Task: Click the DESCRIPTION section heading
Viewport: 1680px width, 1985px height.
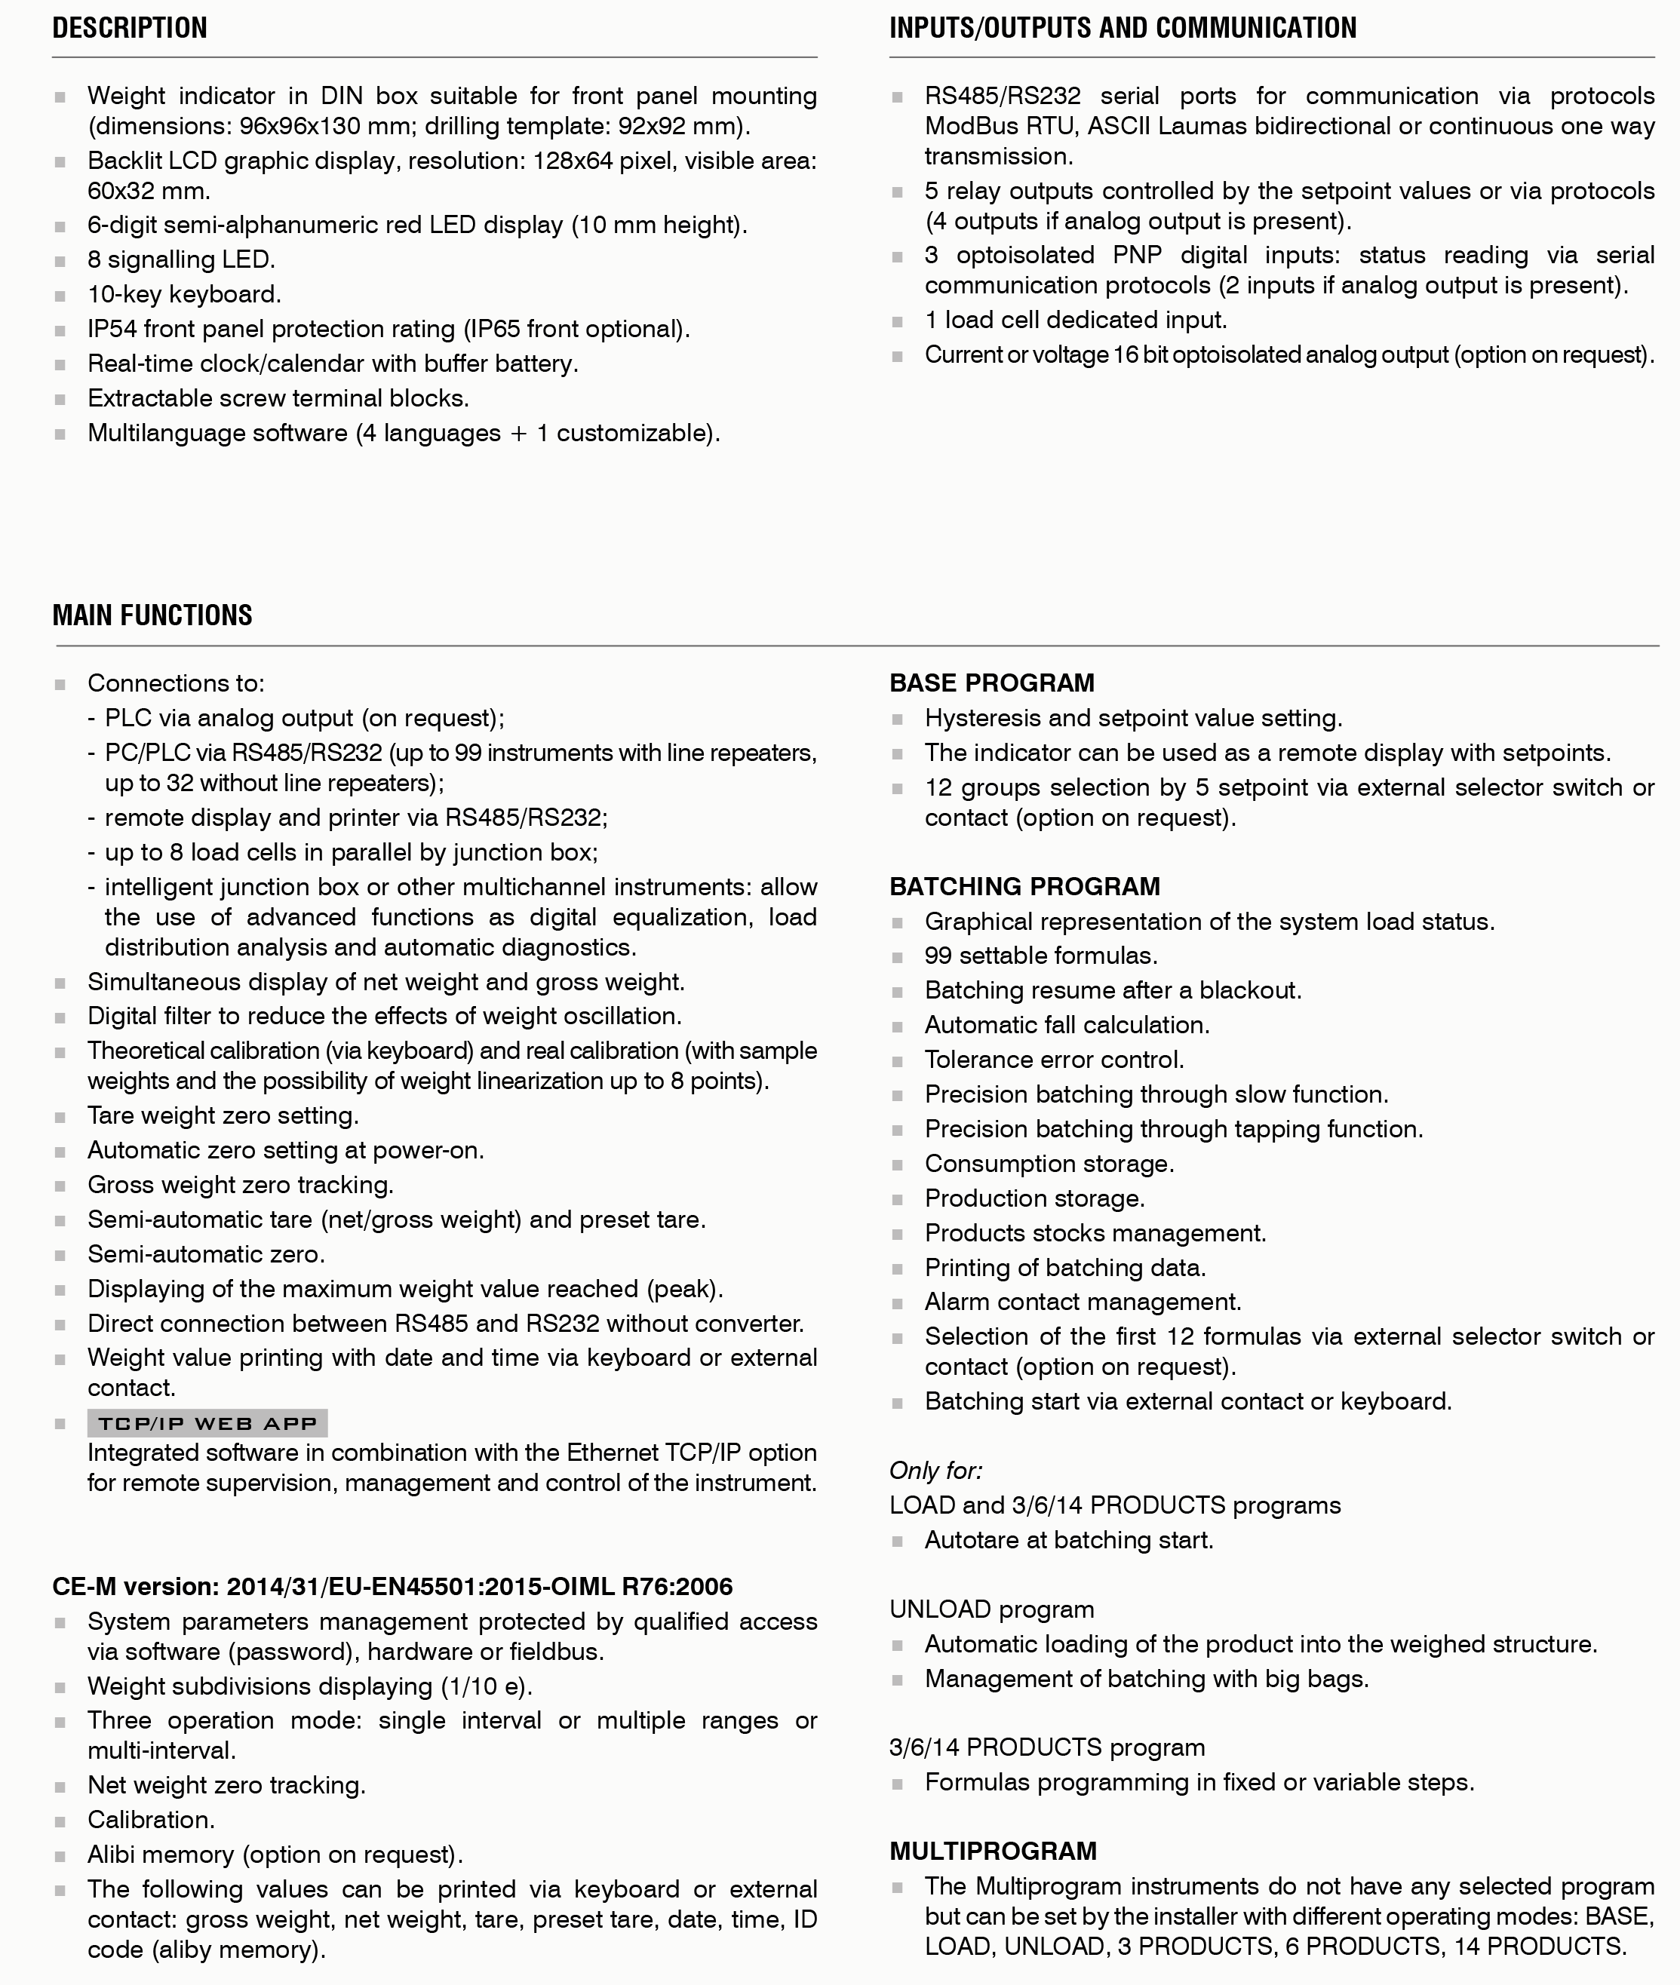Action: pos(130,28)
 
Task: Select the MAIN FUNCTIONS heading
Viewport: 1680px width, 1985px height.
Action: pos(152,615)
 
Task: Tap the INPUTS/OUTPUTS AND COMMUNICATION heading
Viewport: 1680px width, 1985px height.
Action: pos(1123,28)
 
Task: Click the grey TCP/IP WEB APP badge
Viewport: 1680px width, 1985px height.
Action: pos(207,1423)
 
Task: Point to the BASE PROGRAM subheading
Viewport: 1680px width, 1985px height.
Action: pos(991,683)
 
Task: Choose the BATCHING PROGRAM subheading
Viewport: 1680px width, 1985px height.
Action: pos(1024,886)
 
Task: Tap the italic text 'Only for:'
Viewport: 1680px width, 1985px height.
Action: pos(935,1470)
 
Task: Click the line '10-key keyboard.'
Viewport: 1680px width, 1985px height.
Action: pos(184,294)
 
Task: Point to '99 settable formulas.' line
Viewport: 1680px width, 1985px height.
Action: pos(1041,956)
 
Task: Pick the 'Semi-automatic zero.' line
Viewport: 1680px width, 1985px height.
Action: pos(206,1254)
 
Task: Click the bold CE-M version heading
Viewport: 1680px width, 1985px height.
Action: pos(392,1586)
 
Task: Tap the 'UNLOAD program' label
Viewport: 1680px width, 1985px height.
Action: pos(991,1609)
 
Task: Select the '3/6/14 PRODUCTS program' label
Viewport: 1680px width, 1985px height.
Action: pos(1046,1747)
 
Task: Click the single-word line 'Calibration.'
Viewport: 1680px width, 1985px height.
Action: pos(150,1819)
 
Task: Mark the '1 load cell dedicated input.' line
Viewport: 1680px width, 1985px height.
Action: pos(1075,320)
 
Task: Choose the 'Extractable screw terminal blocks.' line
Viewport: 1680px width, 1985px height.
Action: pos(278,398)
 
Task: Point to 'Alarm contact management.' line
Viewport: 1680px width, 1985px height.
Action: pos(1083,1302)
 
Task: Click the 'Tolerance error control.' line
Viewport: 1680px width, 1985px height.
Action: pos(1055,1060)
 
